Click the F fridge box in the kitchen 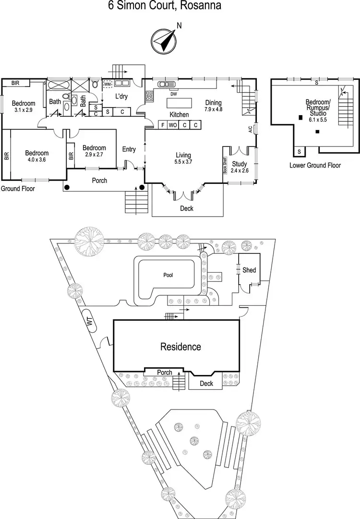(163, 125)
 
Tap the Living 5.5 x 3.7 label (183, 158)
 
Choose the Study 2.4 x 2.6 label (239, 167)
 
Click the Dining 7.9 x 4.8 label (213, 105)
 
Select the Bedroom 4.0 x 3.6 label (37, 157)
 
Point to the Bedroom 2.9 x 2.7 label (94, 151)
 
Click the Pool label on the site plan (168, 275)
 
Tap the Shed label (249, 270)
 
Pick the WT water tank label (90, 322)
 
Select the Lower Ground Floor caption (315, 165)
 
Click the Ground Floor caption (18, 189)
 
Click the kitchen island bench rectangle (179, 103)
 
